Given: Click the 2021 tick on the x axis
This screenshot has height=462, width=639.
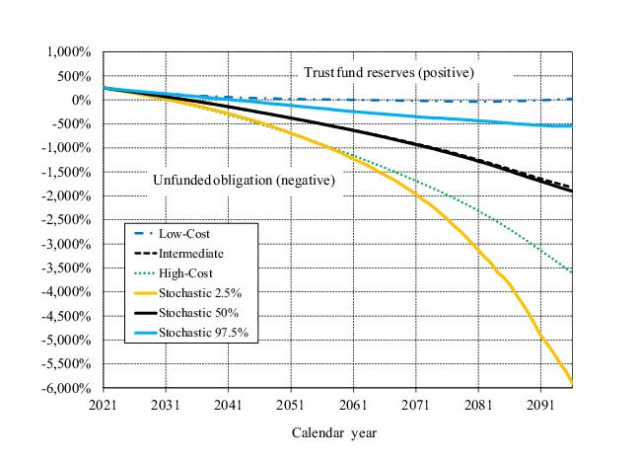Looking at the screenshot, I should point(104,404).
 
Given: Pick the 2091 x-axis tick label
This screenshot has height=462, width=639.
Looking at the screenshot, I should point(540,404).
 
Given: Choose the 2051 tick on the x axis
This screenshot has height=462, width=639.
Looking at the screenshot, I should point(291,404).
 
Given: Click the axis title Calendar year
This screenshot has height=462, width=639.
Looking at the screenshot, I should point(333,432).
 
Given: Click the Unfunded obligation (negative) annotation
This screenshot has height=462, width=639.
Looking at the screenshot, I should point(244,181).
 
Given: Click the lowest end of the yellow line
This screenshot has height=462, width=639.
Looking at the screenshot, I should point(571,383).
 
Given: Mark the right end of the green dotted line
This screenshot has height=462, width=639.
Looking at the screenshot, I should point(571,271).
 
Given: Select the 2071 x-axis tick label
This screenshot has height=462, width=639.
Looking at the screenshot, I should point(415,404).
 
